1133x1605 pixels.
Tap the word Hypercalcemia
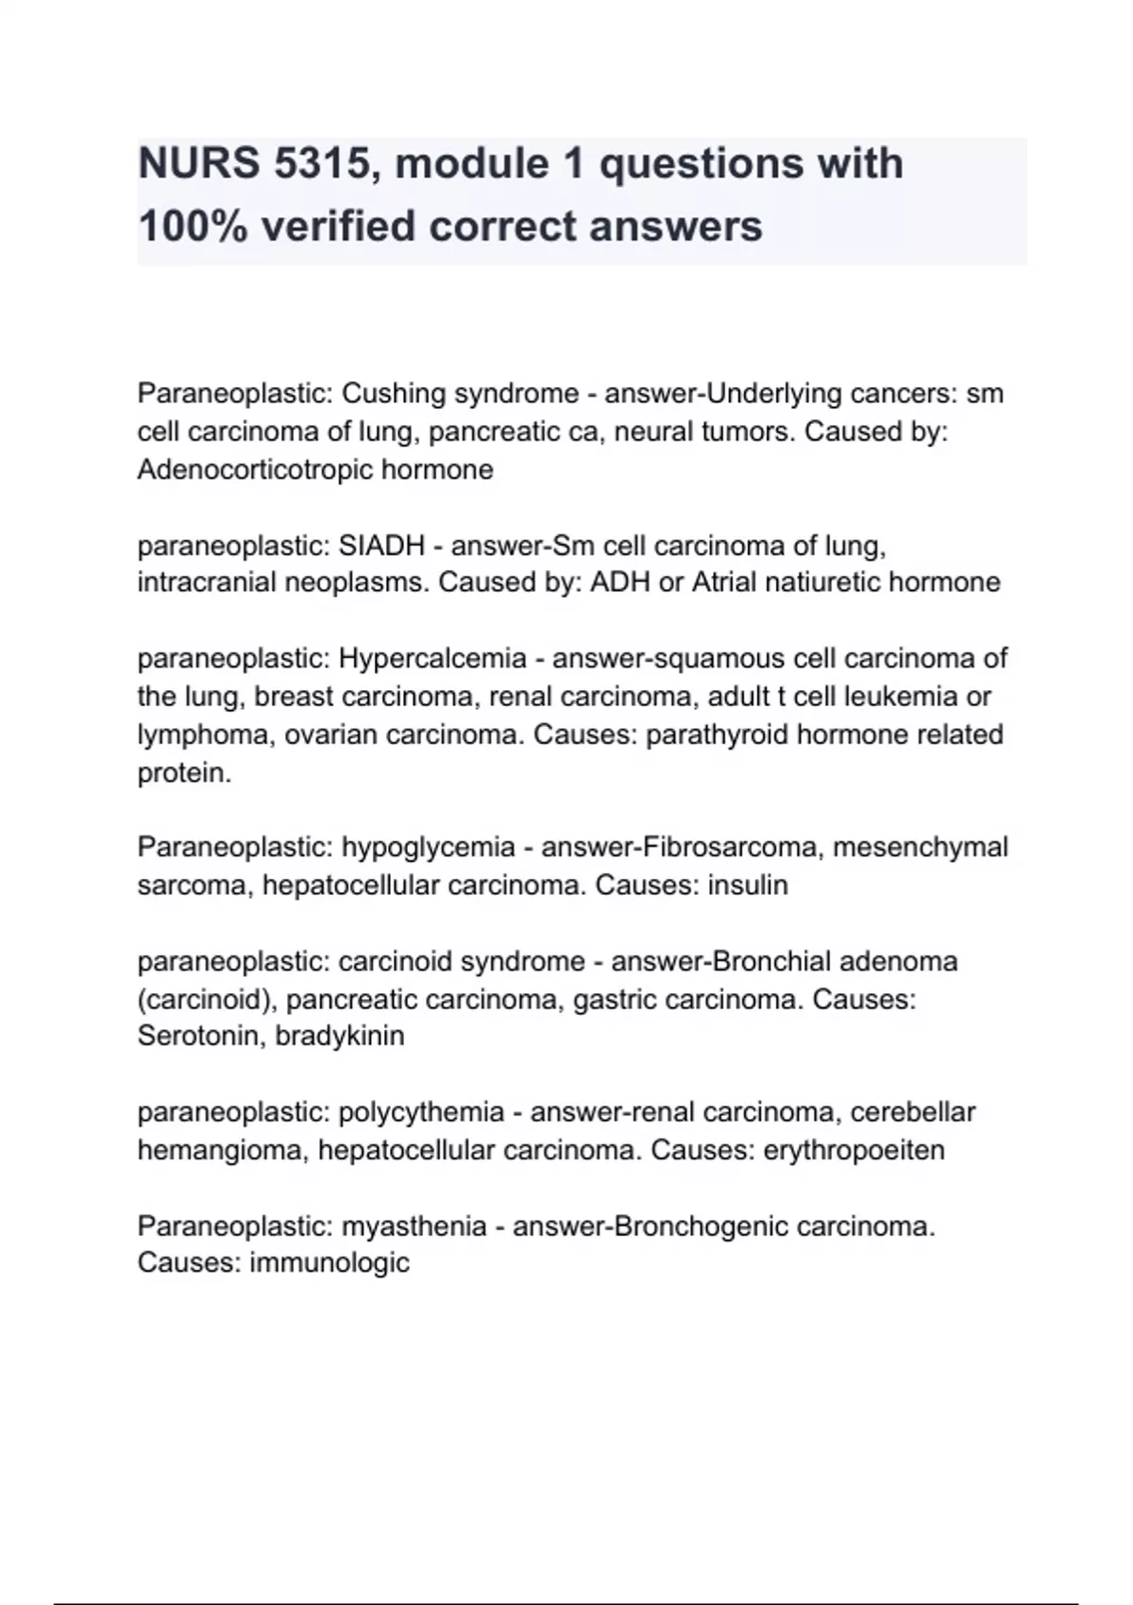pos(432,658)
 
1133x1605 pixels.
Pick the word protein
pos(184,773)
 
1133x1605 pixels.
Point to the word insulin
pos(747,886)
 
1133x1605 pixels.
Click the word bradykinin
pos(340,1036)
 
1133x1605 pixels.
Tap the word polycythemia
pos(421,1112)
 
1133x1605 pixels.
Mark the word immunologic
pos(330,1262)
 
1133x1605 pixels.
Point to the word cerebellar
pos(913,1112)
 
